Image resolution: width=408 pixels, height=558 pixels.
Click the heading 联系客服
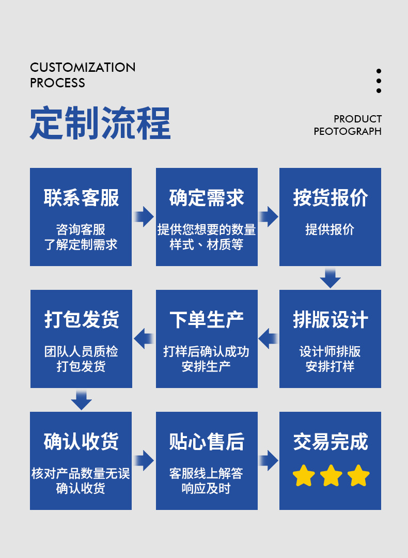point(81,198)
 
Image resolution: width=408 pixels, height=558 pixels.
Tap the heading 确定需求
point(207,198)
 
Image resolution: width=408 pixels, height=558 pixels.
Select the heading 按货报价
point(331,198)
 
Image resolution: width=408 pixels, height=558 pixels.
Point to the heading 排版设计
point(331,320)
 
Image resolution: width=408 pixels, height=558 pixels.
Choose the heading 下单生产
point(207,320)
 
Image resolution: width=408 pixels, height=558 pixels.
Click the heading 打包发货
point(81,320)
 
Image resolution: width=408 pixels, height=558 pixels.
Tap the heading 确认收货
point(81,442)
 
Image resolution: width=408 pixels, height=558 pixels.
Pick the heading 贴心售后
point(207,442)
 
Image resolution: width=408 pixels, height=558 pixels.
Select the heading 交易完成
point(331,442)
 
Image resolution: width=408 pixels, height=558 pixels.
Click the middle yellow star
point(331,476)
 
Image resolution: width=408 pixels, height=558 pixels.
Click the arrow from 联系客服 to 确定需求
point(144,216)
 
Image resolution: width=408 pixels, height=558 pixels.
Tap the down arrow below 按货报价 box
point(331,278)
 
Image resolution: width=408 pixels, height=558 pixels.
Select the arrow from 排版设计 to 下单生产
point(268,339)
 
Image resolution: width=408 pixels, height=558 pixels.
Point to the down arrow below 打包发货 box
point(81,400)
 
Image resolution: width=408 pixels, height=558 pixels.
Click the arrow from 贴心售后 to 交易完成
point(269,460)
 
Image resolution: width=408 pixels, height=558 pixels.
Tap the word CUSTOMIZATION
point(83,67)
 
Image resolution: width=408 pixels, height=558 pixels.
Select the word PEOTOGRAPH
point(348,131)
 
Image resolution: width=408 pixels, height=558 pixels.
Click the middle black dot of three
point(379,81)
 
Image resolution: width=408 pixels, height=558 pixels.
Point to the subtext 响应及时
point(207,488)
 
